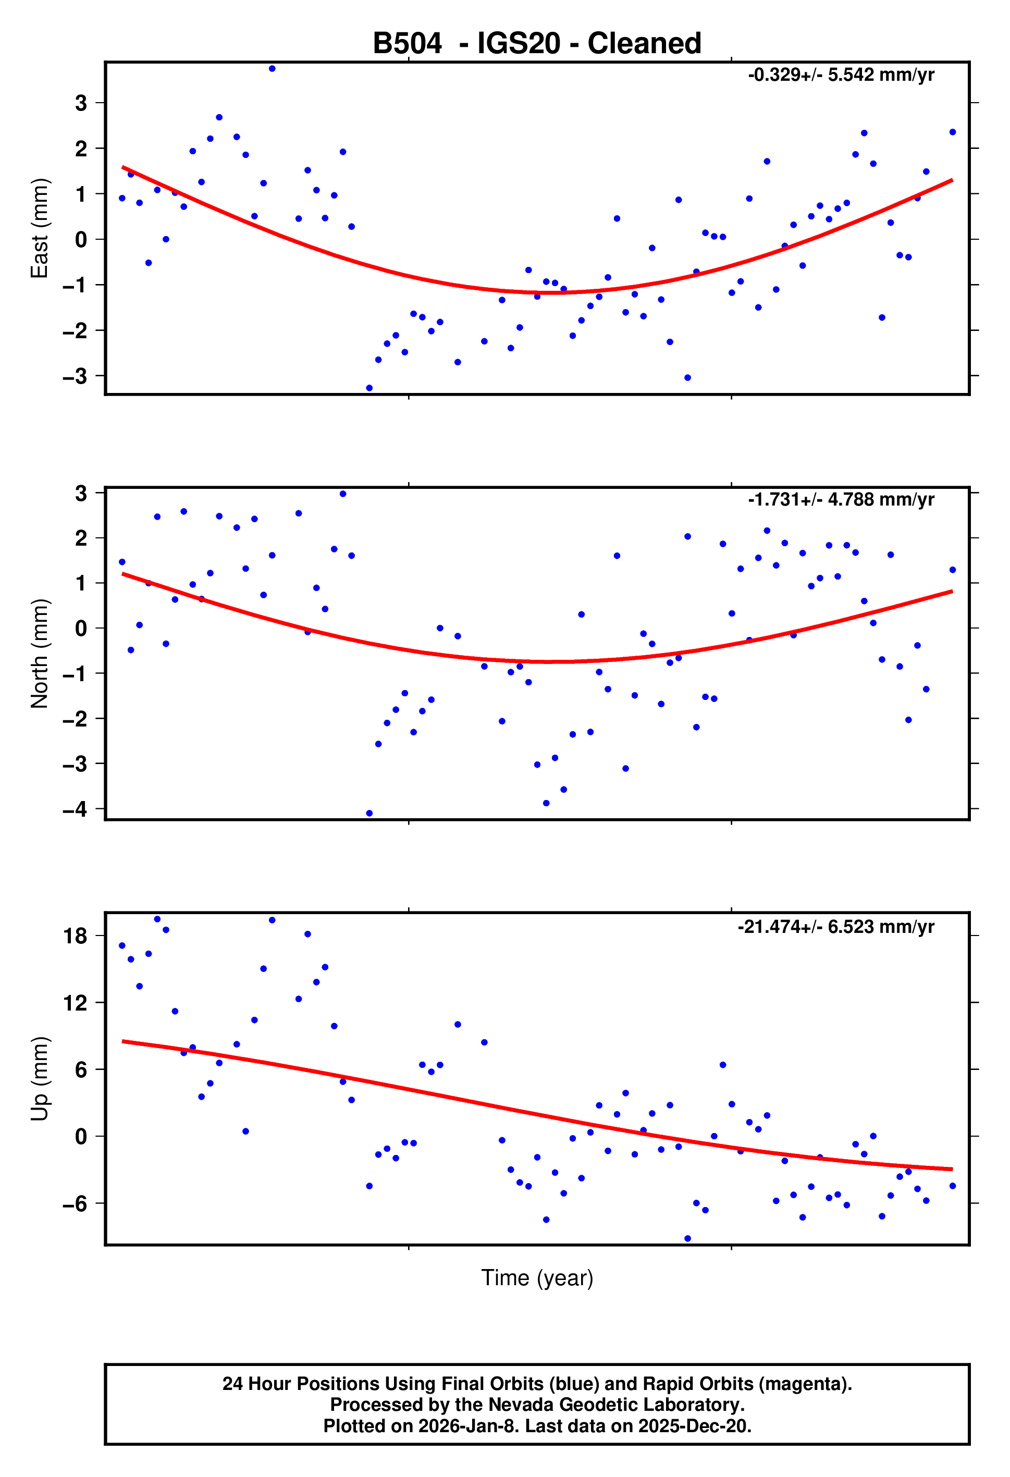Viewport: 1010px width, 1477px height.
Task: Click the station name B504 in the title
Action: coord(407,44)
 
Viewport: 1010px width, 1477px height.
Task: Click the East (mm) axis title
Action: coord(40,228)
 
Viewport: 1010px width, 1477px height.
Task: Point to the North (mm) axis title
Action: coord(40,654)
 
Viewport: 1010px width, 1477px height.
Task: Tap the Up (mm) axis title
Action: coord(40,1079)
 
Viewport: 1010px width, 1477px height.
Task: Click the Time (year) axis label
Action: coord(537,1277)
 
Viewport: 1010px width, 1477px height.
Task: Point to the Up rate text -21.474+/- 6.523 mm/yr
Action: coord(835,927)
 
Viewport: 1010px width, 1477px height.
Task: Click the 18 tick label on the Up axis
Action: coord(75,936)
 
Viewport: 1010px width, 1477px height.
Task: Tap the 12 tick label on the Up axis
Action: coord(75,1003)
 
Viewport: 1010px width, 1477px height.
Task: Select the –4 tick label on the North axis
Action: coord(75,809)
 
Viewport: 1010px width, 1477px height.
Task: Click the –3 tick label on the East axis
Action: coord(75,376)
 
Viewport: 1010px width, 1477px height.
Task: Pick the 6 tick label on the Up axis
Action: coord(81,1069)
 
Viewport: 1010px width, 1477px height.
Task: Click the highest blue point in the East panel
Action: coord(272,69)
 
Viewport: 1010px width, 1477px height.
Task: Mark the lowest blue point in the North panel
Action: coord(369,814)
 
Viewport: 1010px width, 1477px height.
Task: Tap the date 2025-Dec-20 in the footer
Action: coord(694,1426)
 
